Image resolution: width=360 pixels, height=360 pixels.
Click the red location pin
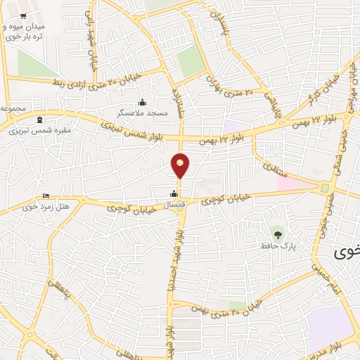point(181,165)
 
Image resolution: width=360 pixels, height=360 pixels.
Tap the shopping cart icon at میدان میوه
point(23,15)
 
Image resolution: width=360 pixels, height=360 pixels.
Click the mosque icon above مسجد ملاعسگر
point(143,102)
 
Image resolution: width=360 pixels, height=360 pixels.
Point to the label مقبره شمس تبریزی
point(34,129)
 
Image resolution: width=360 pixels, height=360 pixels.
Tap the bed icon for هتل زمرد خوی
point(46,195)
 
